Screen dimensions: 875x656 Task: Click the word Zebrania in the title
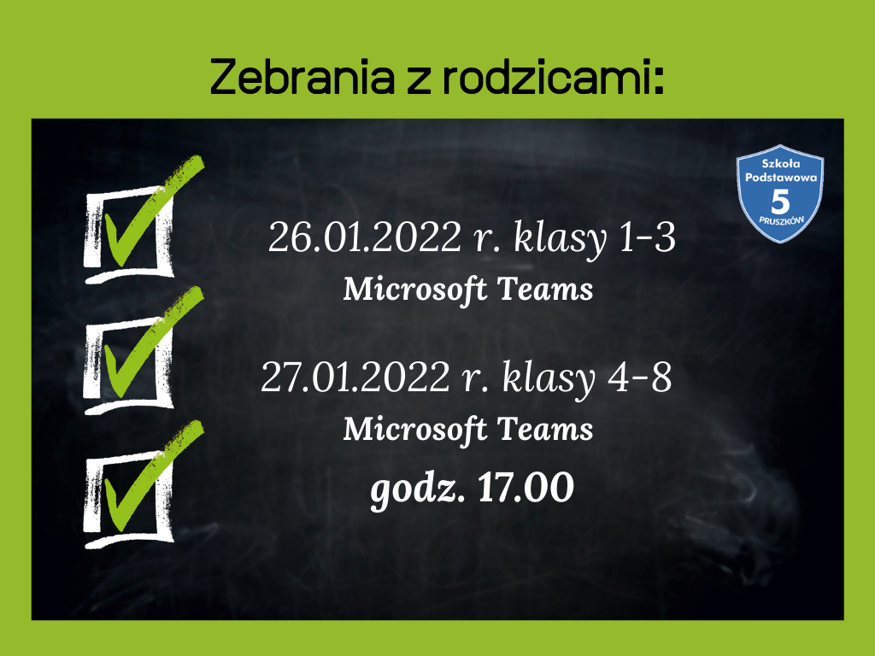point(302,76)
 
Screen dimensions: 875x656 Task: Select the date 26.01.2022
point(365,237)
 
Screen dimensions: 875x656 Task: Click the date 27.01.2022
point(355,377)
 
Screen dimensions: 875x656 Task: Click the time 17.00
point(526,487)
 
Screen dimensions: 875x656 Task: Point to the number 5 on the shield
point(780,202)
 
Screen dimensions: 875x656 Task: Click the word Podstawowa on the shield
point(781,178)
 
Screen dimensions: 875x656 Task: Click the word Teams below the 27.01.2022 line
point(544,429)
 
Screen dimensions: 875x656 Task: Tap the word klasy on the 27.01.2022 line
point(549,379)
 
